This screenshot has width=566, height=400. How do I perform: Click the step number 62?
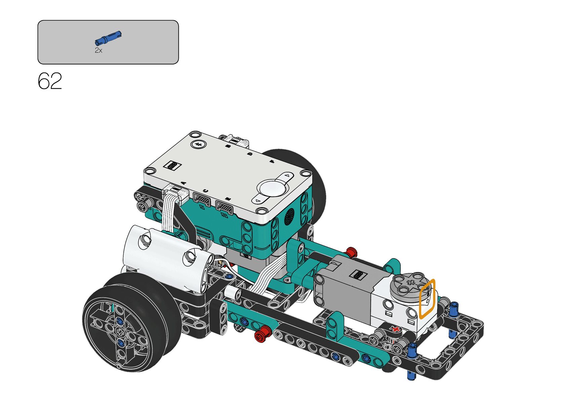click(x=50, y=81)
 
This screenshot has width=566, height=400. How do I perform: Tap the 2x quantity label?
click(x=98, y=50)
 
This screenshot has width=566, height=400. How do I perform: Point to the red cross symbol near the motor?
click(x=396, y=329)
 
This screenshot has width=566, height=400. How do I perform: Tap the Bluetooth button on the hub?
click(x=199, y=144)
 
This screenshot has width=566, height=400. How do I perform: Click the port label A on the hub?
click(x=184, y=182)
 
